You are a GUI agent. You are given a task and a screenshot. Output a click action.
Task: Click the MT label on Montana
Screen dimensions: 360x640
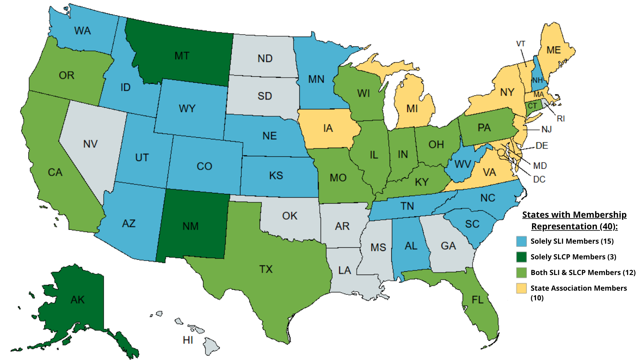click(x=182, y=56)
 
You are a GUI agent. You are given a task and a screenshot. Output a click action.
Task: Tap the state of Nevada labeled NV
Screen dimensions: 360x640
click(x=90, y=144)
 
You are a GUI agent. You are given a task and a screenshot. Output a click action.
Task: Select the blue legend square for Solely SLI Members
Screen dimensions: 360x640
click(x=521, y=241)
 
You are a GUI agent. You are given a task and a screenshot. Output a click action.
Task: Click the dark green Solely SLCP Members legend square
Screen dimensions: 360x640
click(x=521, y=257)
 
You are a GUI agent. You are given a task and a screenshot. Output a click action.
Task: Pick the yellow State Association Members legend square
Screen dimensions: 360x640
click(x=521, y=288)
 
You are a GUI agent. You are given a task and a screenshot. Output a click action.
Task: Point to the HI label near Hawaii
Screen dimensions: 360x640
click(x=188, y=340)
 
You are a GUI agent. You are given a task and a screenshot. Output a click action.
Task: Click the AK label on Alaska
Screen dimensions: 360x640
click(x=77, y=300)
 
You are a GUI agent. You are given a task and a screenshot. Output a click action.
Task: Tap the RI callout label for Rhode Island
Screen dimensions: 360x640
click(x=561, y=119)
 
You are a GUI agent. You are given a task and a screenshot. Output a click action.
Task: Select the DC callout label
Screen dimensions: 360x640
click(x=539, y=179)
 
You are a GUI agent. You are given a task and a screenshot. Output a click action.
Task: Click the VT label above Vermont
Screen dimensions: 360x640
click(x=520, y=44)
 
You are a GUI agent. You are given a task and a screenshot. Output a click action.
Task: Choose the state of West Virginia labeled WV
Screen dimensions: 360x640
click(x=462, y=164)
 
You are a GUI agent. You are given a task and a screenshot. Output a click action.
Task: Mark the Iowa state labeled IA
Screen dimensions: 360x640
click(x=328, y=128)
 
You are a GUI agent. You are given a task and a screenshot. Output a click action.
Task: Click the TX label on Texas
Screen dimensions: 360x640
click(x=266, y=269)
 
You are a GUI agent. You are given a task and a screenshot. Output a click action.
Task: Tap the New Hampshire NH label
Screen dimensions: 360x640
click(x=537, y=80)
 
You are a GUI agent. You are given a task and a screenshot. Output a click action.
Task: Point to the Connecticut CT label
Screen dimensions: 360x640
click(x=532, y=106)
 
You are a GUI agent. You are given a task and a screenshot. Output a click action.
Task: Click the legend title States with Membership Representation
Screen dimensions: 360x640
click(x=574, y=220)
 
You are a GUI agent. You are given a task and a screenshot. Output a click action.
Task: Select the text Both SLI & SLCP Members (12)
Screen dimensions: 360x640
click(x=583, y=273)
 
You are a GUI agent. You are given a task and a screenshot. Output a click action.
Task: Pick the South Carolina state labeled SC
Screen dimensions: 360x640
click(x=472, y=224)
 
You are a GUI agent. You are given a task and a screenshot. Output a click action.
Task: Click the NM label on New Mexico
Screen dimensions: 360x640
click(x=190, y=226)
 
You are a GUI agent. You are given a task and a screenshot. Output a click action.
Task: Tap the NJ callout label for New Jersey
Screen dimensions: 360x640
click(x=546, y=129)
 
